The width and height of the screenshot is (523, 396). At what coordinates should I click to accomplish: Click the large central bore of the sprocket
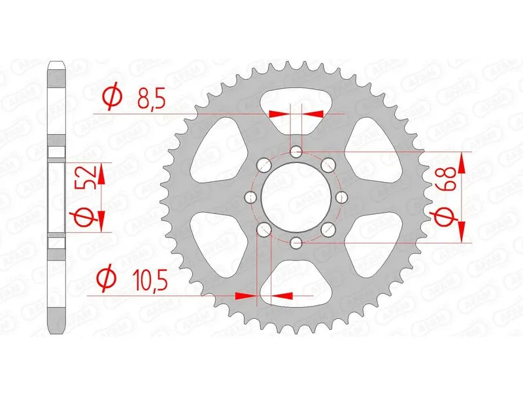click(295, 197)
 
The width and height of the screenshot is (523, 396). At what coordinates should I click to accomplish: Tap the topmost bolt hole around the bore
click(295, 152)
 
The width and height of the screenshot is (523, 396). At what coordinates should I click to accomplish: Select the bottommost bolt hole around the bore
click(295, 242)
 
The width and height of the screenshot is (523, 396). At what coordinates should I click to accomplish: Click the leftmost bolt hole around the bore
click(251, 197)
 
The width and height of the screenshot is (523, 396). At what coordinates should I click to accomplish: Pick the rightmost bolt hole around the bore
click(341, 197)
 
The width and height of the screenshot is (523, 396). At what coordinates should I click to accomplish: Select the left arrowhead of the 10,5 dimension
click(245, 296)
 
